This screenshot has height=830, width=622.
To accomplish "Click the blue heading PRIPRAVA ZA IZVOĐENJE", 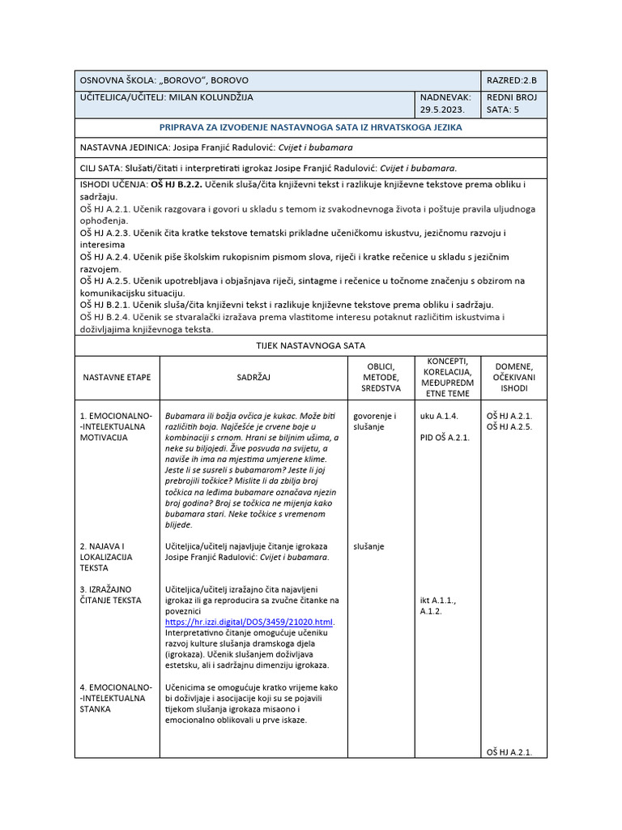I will pyautogui.click(x=310, y=128).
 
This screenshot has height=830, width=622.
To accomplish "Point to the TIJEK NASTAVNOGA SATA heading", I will pyautogui.click(x=310, y=345).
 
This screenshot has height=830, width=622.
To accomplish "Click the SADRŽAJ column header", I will pyautogui.click(x=253, y=378).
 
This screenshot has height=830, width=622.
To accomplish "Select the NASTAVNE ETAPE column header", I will pyautogui.click(x=117, y=378).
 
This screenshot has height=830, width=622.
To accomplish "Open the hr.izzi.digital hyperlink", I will pyautogui.click(x=249, y=622).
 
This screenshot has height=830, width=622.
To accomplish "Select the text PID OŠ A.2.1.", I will pyautogui.click(x=445, y=438).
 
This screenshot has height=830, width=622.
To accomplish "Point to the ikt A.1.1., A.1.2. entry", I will pyautogui.click(x=438, y=606).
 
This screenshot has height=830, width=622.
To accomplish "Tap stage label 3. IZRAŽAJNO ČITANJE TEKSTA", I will pyautogui.click(x=111, y=594).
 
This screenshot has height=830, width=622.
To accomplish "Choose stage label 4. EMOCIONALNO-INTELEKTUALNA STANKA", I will pyautogui.click(x=117, y=698).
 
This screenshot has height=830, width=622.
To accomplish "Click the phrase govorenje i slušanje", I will pyautogui.click(x=375, y=421).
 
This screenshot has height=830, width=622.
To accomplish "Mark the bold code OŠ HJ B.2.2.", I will pyautogui.click(x=177, y=185).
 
